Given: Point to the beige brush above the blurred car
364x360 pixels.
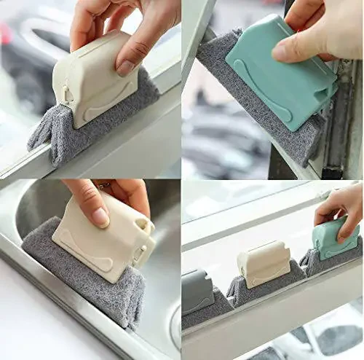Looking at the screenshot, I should (x=95, y=80).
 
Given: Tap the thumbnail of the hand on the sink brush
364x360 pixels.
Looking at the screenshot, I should (x=100, y=216).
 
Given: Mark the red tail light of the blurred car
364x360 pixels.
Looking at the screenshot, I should (x=6, y=33).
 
